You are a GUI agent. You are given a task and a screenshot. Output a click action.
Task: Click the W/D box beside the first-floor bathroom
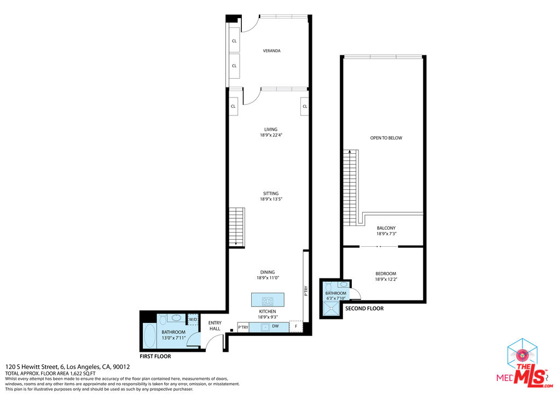tap(193, 320)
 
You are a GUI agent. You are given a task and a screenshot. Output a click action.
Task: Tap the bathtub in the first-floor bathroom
tap(149, 336)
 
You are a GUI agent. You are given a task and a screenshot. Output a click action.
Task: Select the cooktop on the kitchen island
tap(268, 300)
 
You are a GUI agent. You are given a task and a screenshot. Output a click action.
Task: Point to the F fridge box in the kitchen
tap(296, 327)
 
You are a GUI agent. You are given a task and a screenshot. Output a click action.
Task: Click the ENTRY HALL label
tap(214, 326)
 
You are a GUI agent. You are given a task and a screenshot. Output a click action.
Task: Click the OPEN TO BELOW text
tap(386, 138)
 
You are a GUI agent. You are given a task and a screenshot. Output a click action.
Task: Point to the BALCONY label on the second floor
tap(386, 228)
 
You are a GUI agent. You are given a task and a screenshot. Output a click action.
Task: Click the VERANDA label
tap(271, 51)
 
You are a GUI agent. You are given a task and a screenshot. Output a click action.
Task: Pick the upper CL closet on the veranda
tap(234, 40)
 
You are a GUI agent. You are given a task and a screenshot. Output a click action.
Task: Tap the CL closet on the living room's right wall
tap(304, 106)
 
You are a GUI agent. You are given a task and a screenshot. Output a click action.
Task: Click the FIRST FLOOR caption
tap(155, 356)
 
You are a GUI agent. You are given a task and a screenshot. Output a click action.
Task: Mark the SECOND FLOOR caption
tap(364, 309)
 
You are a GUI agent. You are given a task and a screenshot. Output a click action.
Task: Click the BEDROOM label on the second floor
tap(385, 274)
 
